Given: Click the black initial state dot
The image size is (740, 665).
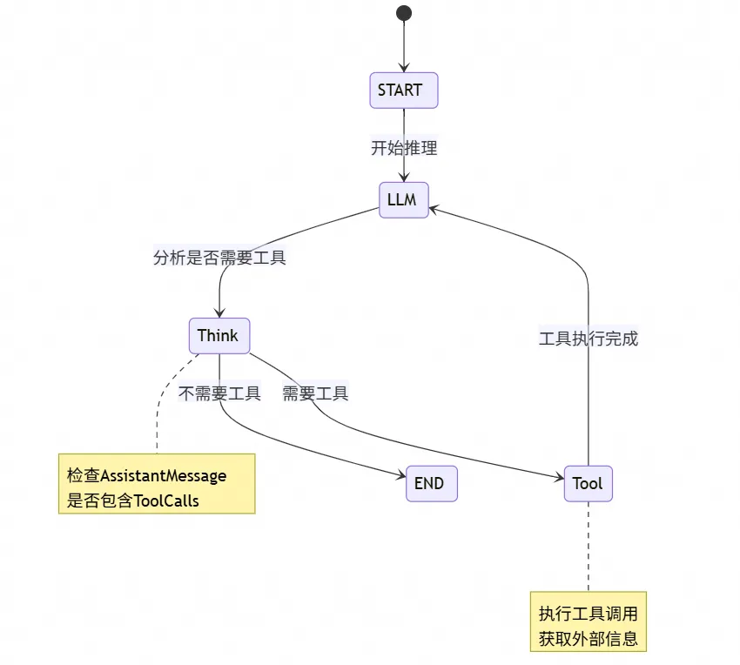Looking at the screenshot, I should [x=403, y=13].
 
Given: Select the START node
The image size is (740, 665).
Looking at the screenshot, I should [x=403, y=91].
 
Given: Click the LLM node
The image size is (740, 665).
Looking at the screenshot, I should [x=403, y=200].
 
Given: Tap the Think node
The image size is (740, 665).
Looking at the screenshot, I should [x=219, y=335].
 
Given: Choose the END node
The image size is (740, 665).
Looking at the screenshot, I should [x=431, y=483].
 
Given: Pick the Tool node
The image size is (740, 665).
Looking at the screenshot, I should [x=588, y=483].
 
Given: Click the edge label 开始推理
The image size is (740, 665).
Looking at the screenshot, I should [x=404, y=148].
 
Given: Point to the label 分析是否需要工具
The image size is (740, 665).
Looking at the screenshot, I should [x=219, y=258].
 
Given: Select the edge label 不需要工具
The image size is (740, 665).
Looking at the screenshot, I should [x=219, y=393].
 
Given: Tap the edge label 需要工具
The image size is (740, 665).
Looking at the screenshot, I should [x=315, y=393].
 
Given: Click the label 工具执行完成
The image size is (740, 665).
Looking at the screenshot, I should [x=589, y=339].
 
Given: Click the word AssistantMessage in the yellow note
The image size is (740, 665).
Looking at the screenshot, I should [x=164, y=475].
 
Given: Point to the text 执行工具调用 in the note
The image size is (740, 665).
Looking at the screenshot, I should [x=589, y=614].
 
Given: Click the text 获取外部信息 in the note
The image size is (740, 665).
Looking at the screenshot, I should [x=589, y=640].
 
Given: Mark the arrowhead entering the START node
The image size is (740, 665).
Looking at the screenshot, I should [x=403, y=68].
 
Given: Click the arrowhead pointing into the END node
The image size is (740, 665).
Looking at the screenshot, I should [x=400, y=476].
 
